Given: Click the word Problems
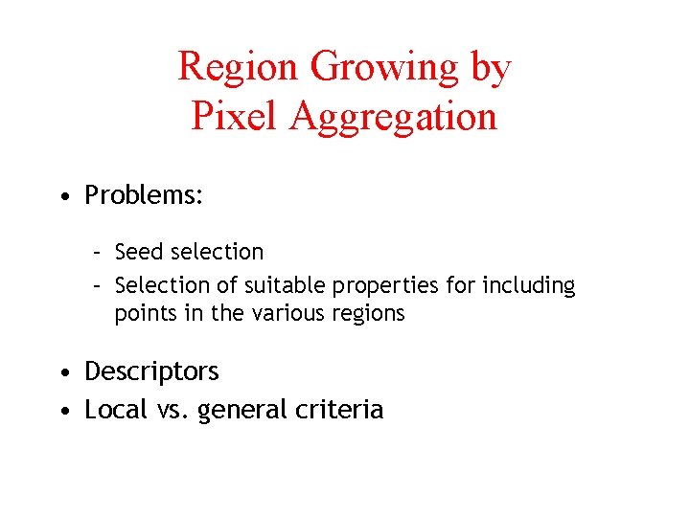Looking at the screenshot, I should [x=144, y=195].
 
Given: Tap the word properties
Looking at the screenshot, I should [x=393, y=286].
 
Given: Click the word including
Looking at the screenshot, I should [x=530, y=286].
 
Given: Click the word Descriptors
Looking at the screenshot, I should [x=151, y=371].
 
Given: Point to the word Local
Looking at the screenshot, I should [x=113, y=410].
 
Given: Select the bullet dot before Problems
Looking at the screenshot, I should [x=63, y=196].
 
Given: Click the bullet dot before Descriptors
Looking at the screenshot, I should [x=63, y=371].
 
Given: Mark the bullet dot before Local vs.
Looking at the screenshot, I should [x=63, y=411].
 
